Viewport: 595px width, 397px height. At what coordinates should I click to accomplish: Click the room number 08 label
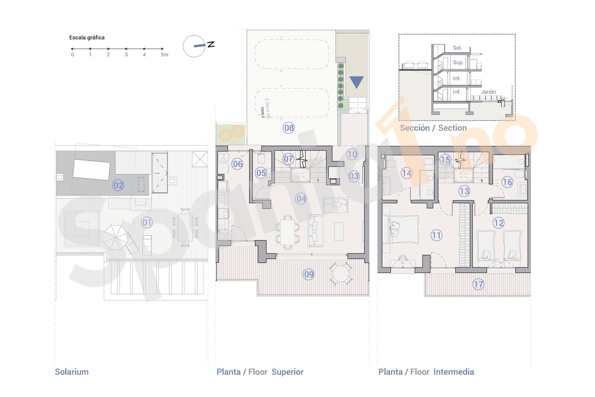pyautogui.click(x=289, y=128)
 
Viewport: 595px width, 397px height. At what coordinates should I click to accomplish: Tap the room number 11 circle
pyautogui.click(x=436, y=235)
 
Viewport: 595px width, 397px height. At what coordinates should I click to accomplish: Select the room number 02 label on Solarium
pyautogui.click(x=118, y=185)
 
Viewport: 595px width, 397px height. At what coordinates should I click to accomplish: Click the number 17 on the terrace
pyautogui.click(x=478, y=285)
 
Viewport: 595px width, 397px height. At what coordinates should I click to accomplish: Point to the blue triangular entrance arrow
pyautogui.click(x=356, y=82)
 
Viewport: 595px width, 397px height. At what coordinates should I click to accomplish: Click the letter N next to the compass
pyautogui.click(x=211, y=44)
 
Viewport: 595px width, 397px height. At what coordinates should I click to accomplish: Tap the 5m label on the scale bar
pyautogui.click(x=164, y=55)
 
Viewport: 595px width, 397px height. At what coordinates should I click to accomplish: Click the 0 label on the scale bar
pyautogui.click(x=73, y=55)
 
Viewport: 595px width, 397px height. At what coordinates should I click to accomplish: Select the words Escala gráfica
pyautogui.click(x=87, y=38)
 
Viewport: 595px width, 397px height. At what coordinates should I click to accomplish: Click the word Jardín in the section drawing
pyautogui.click(x=488, y=92)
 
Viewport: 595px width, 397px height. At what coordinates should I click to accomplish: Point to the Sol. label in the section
pyautogui.click(x=457, y=48)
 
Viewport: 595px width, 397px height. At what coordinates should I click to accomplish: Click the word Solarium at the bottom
pyautogui.click(x=72, y=372)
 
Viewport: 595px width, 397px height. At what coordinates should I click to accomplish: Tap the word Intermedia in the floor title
pyautogui.click(x=453, y=372)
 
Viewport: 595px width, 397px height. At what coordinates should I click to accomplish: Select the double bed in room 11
pyautogui.click(x=403, y=230)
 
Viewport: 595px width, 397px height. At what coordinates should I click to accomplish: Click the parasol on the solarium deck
pyautogui.click(x=116, y=237)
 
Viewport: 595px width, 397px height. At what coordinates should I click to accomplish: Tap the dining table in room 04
pyautogui.click(x=287, y=231)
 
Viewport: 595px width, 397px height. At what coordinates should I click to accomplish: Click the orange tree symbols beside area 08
pyautogui.click(x=231, y=133)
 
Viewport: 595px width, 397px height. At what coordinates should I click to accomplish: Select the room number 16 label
pyautogui.click(x=507, y=182)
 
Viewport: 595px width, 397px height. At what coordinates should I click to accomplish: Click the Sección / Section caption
pyautogui.click(x=433, y=128)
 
